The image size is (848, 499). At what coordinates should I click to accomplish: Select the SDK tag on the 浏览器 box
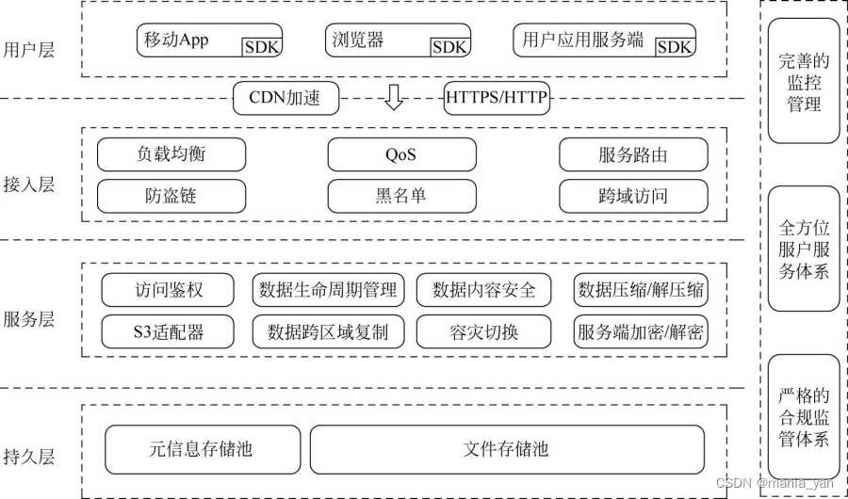(x=449, y=47)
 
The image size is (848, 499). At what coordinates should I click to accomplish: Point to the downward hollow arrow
(x=393, y=97)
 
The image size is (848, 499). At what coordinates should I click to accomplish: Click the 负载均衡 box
(x=171, y=154)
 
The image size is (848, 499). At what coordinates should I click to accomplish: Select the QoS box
(x=400, y=154)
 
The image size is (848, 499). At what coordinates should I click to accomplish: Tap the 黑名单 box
(x=400, y=196)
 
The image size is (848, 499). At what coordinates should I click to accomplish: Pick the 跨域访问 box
(x=632, y=196)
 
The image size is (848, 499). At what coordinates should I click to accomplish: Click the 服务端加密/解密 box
(x=641, y=331)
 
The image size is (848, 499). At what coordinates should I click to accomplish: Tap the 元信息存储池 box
(x=202, y=449)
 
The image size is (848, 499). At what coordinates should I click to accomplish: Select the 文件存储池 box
(x=507, y=449)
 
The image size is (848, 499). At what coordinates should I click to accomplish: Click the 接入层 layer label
(x=29, y=185)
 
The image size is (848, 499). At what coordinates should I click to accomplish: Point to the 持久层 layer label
(x=29, y=457)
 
